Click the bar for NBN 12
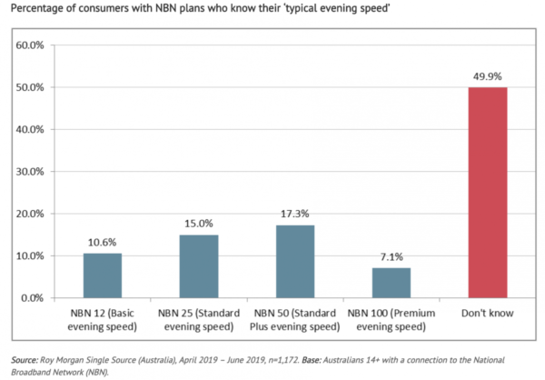tap(103, 275)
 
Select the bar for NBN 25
tap(198, 266)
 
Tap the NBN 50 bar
tap(294, 262)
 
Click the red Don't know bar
tap(487, 193)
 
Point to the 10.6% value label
tap(103, 243)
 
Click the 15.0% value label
tap(198, 224)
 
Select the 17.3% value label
tap(294, 215)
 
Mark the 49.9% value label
tap(487, 76)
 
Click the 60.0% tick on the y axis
tap(34, 45)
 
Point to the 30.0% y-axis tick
tap(34, 172)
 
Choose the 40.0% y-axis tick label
tap(34, 130)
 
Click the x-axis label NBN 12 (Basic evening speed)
tap(103, 320)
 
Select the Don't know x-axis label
tap(487, 314)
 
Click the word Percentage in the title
tap(36, 11)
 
